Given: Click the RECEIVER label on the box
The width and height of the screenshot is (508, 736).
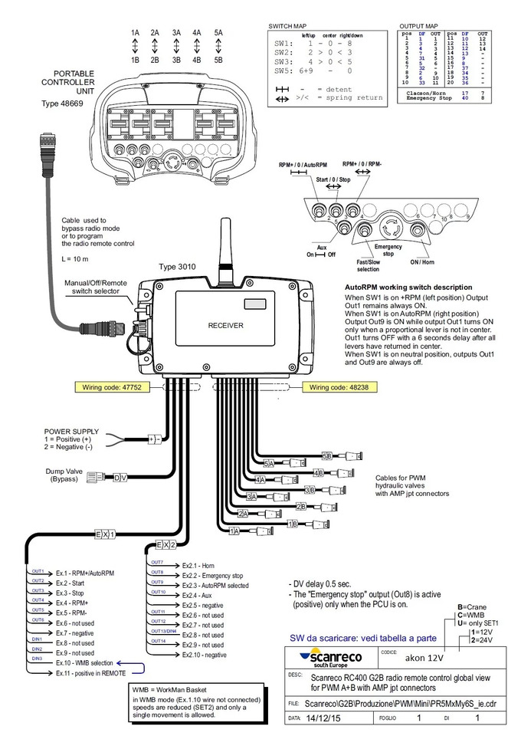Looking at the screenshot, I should pyautogui.click(x=225, y=325).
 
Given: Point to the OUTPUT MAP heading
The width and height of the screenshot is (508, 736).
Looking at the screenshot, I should pyautogui.click(x=420, y=26).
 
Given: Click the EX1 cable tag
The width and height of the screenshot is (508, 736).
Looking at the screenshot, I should pyautogui.click(x=104, y=534).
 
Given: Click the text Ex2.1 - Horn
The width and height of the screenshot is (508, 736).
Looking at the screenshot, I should pyautogui.click(x=198, y=565).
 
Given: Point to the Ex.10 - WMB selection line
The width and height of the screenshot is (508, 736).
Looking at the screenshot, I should pyautogui.click(x=84, y=661).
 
